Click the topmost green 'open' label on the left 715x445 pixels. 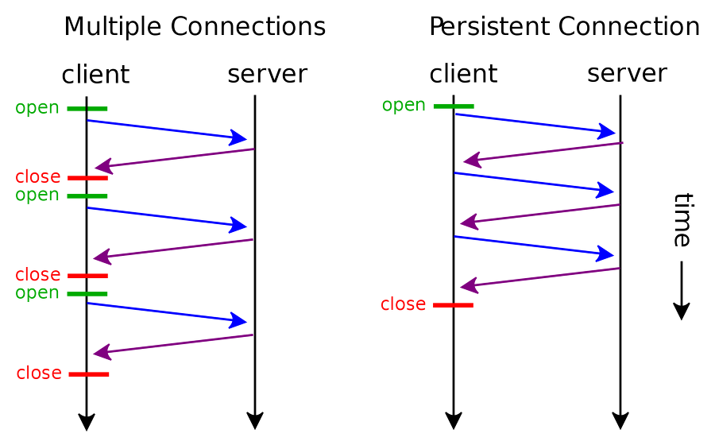click(37, 108)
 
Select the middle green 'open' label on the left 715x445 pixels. click(37, 195)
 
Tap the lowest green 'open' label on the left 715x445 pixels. click(37, 293)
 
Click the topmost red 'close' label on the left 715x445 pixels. click(37, 177)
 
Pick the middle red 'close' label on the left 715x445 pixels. click(37, 275)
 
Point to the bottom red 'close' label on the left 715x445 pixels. click(38, 373)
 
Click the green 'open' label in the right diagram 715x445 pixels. click(404, 106)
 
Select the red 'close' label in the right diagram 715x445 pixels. click(404, 304)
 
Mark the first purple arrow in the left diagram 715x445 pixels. click(173, 158)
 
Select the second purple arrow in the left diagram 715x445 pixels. click(173, 248)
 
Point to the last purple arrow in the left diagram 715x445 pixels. click(173, 343)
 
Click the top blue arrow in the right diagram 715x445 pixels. click(536, 123)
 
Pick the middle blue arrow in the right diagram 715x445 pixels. click(536, 181)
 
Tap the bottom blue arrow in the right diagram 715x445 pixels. click(536, 246)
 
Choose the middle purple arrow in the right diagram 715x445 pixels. click(539, 213)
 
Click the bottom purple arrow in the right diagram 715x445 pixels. click(539, 277)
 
